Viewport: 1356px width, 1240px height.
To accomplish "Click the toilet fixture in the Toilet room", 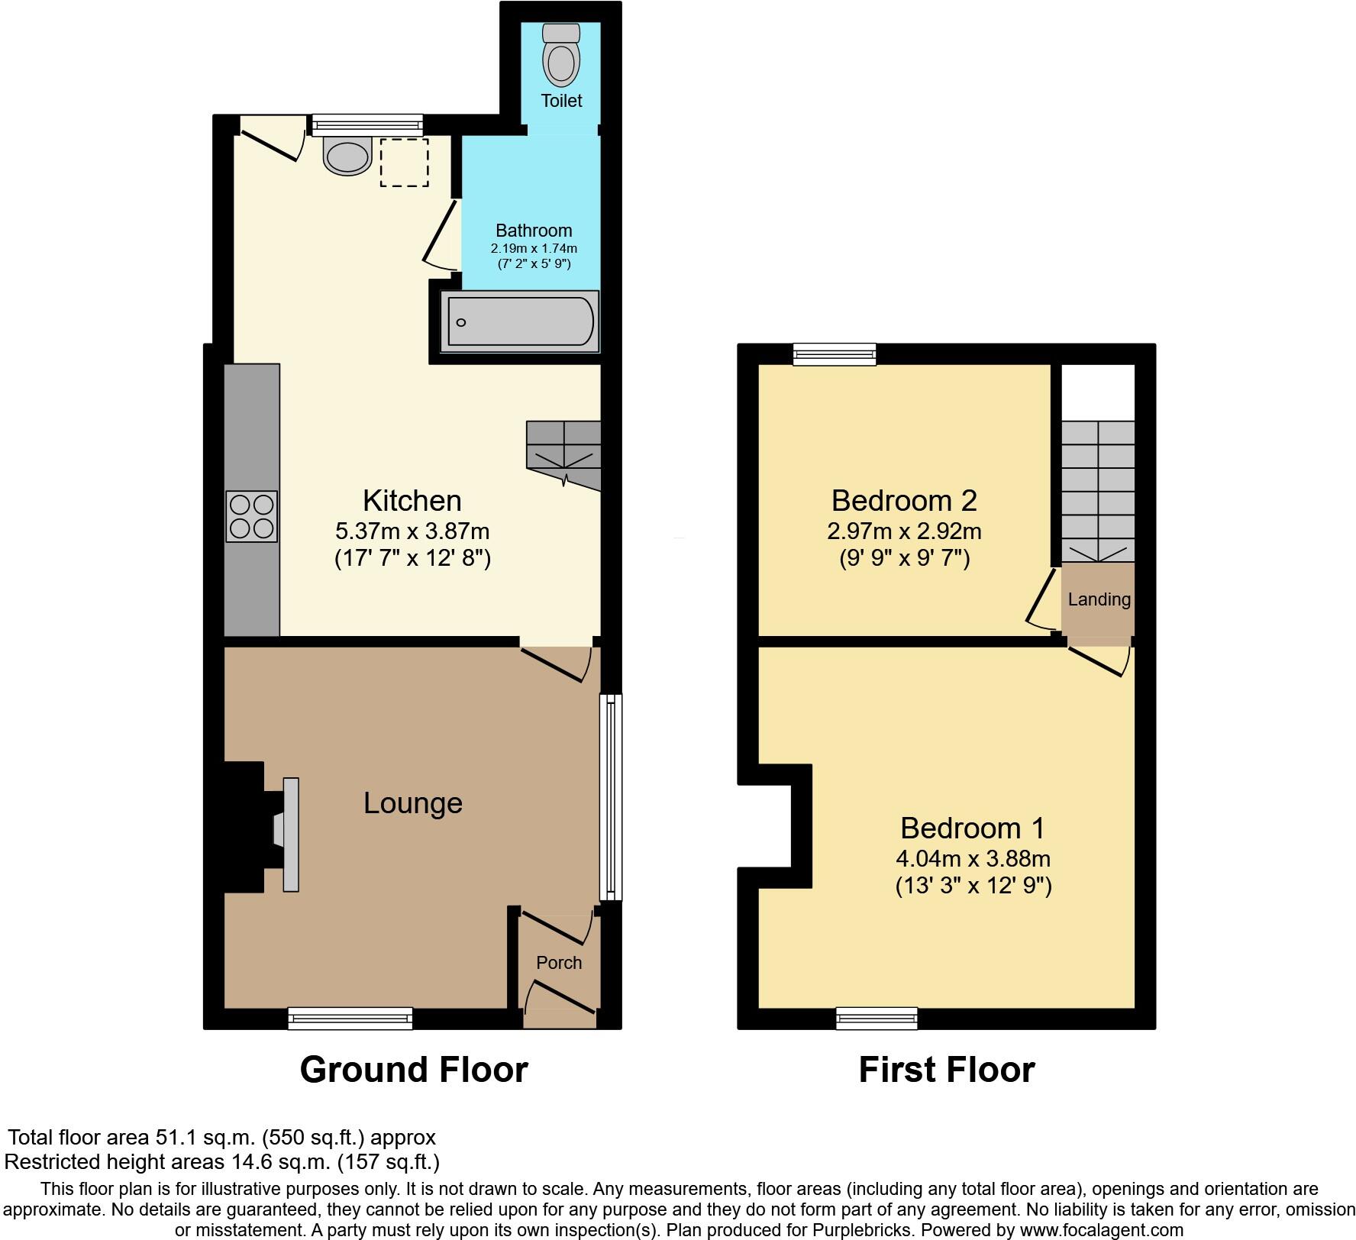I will tap(561, 55).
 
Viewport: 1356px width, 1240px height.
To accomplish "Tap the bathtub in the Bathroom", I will tap(520, 322).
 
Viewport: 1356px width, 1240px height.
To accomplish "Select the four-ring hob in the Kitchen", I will tap(251, 517).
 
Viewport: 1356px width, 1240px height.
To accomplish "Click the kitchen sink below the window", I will tap(347, 156).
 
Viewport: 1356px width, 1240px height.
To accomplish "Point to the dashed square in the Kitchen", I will tap(405, 162).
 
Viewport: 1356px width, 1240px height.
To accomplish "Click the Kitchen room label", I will tap(412, 501).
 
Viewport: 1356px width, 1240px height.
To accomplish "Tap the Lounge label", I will tap(412, 803).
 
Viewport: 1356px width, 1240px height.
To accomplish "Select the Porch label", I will tap(559, 963).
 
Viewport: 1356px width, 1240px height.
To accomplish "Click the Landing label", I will tap(1099, 599).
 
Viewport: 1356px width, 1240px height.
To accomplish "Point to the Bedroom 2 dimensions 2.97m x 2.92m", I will tap(904, 531).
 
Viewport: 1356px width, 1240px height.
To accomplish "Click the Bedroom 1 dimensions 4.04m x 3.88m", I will tap(973, 858).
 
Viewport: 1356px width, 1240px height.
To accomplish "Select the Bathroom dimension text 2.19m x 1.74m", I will tap(534, 248).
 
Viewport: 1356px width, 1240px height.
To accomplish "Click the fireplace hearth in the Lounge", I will tap(290, 834).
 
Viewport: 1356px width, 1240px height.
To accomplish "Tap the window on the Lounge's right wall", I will tap(611, 797).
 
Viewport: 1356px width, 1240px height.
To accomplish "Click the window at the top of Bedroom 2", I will tap(834, 354).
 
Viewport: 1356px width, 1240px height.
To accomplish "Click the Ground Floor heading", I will tap(414, 1070).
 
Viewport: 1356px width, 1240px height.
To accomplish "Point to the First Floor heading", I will tap(946, 1070).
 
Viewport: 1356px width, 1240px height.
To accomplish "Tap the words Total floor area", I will tap(77, 1138).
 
